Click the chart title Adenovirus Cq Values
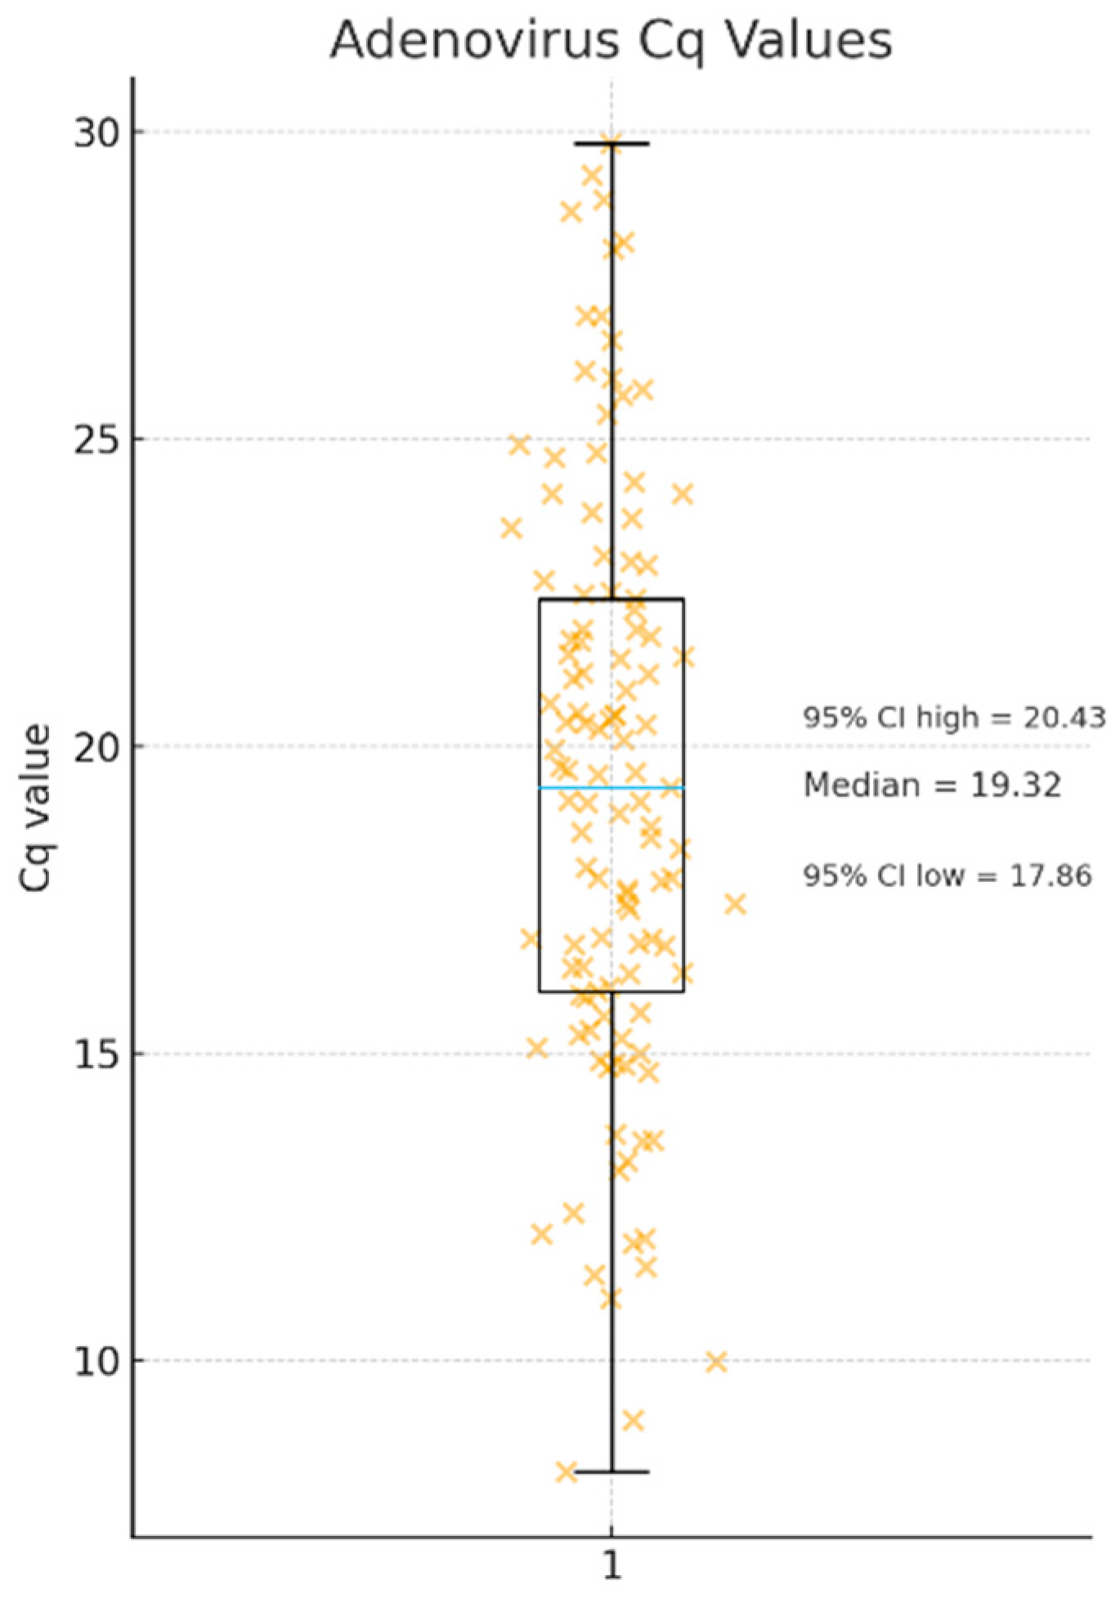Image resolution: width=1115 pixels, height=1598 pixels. [611, 39]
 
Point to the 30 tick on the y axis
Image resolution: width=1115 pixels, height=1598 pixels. [96, 132]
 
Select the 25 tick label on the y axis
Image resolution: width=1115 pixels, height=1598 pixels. [96, 439]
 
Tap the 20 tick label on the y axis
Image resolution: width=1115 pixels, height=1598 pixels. [96, 746]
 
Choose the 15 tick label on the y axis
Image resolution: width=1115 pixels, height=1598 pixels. [96, 1054]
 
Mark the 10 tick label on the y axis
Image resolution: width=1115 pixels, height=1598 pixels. [96, 1361]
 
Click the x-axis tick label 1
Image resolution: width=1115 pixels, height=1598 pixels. [611, 1564]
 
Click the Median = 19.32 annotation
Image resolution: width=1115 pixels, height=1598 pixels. [932, 785]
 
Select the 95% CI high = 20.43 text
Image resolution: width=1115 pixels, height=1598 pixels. [954, 718]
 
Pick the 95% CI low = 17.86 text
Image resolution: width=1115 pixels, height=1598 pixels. [947, 875]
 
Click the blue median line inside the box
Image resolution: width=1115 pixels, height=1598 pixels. [572, 788]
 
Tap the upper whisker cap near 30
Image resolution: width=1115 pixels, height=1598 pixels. [611, 144]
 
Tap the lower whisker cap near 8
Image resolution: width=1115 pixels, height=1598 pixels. [611, 1472]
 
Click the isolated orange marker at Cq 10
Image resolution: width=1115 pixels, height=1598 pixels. [716, 1362]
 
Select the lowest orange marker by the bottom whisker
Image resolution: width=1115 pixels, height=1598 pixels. [566, 1472]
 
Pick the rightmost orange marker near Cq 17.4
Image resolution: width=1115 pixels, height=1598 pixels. [735, 904]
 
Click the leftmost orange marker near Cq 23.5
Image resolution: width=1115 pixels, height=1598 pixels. [512, 528]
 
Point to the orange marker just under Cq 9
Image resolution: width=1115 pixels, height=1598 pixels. [633, 1421]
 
